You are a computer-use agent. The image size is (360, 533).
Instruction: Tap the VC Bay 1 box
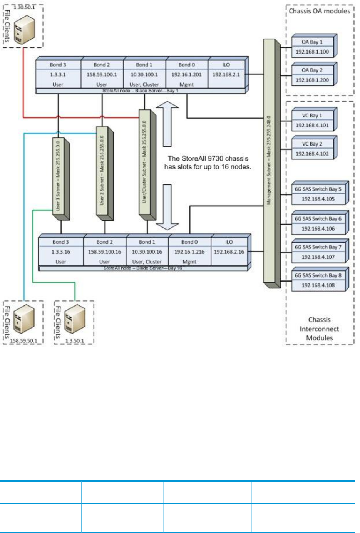(312, 121)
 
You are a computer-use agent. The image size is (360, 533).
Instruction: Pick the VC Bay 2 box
(312, 149)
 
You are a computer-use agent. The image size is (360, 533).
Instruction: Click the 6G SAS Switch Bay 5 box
(318, 194)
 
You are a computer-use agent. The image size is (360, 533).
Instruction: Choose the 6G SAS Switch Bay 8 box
(318, 280)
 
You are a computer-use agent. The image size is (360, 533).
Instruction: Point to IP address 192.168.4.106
(318, 229)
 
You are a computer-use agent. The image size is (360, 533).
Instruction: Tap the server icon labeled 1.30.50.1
(25, 30)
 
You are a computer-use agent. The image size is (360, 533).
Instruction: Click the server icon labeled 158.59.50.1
(24, 319)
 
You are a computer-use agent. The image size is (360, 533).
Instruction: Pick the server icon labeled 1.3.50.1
(75, 319)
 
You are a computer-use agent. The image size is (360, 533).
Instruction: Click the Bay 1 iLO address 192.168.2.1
(226, 74)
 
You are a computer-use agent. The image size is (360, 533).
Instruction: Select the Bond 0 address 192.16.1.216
(189, 252)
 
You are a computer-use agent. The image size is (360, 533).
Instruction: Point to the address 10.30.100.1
(144, 74)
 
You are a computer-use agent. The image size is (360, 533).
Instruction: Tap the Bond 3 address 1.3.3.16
(61, 252)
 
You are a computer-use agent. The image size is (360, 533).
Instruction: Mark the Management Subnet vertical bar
(269, 162)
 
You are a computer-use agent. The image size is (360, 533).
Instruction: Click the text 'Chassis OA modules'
(320, 11)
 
